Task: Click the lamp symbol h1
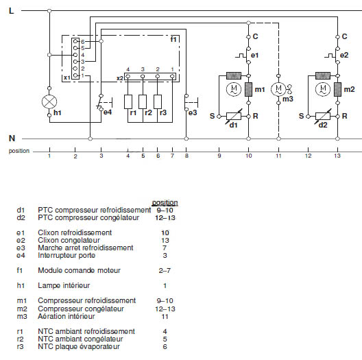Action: point(49,101)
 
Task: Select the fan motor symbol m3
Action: point(278,89)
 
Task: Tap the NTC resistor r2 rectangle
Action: point(143,101)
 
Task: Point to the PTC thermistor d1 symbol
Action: point(234,116)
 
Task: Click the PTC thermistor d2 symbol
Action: point(323,116)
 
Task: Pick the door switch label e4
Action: point(108,112)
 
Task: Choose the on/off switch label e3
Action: point(193,112)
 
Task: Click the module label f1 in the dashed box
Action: point(173,40)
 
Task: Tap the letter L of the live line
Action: point(11,10)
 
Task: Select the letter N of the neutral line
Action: point(12,138)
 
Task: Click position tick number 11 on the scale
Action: point(278,156)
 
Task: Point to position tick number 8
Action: point(186,156)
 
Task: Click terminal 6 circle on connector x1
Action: point(75,41)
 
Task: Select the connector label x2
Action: point(120,78)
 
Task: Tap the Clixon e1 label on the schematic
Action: point(254,55)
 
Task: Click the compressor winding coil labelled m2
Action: point(337,89)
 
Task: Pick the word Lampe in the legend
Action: point(48,286)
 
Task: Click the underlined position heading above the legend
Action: point(165,203)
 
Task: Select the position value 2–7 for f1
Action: point(165,270)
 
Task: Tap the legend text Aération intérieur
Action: point(67,316)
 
